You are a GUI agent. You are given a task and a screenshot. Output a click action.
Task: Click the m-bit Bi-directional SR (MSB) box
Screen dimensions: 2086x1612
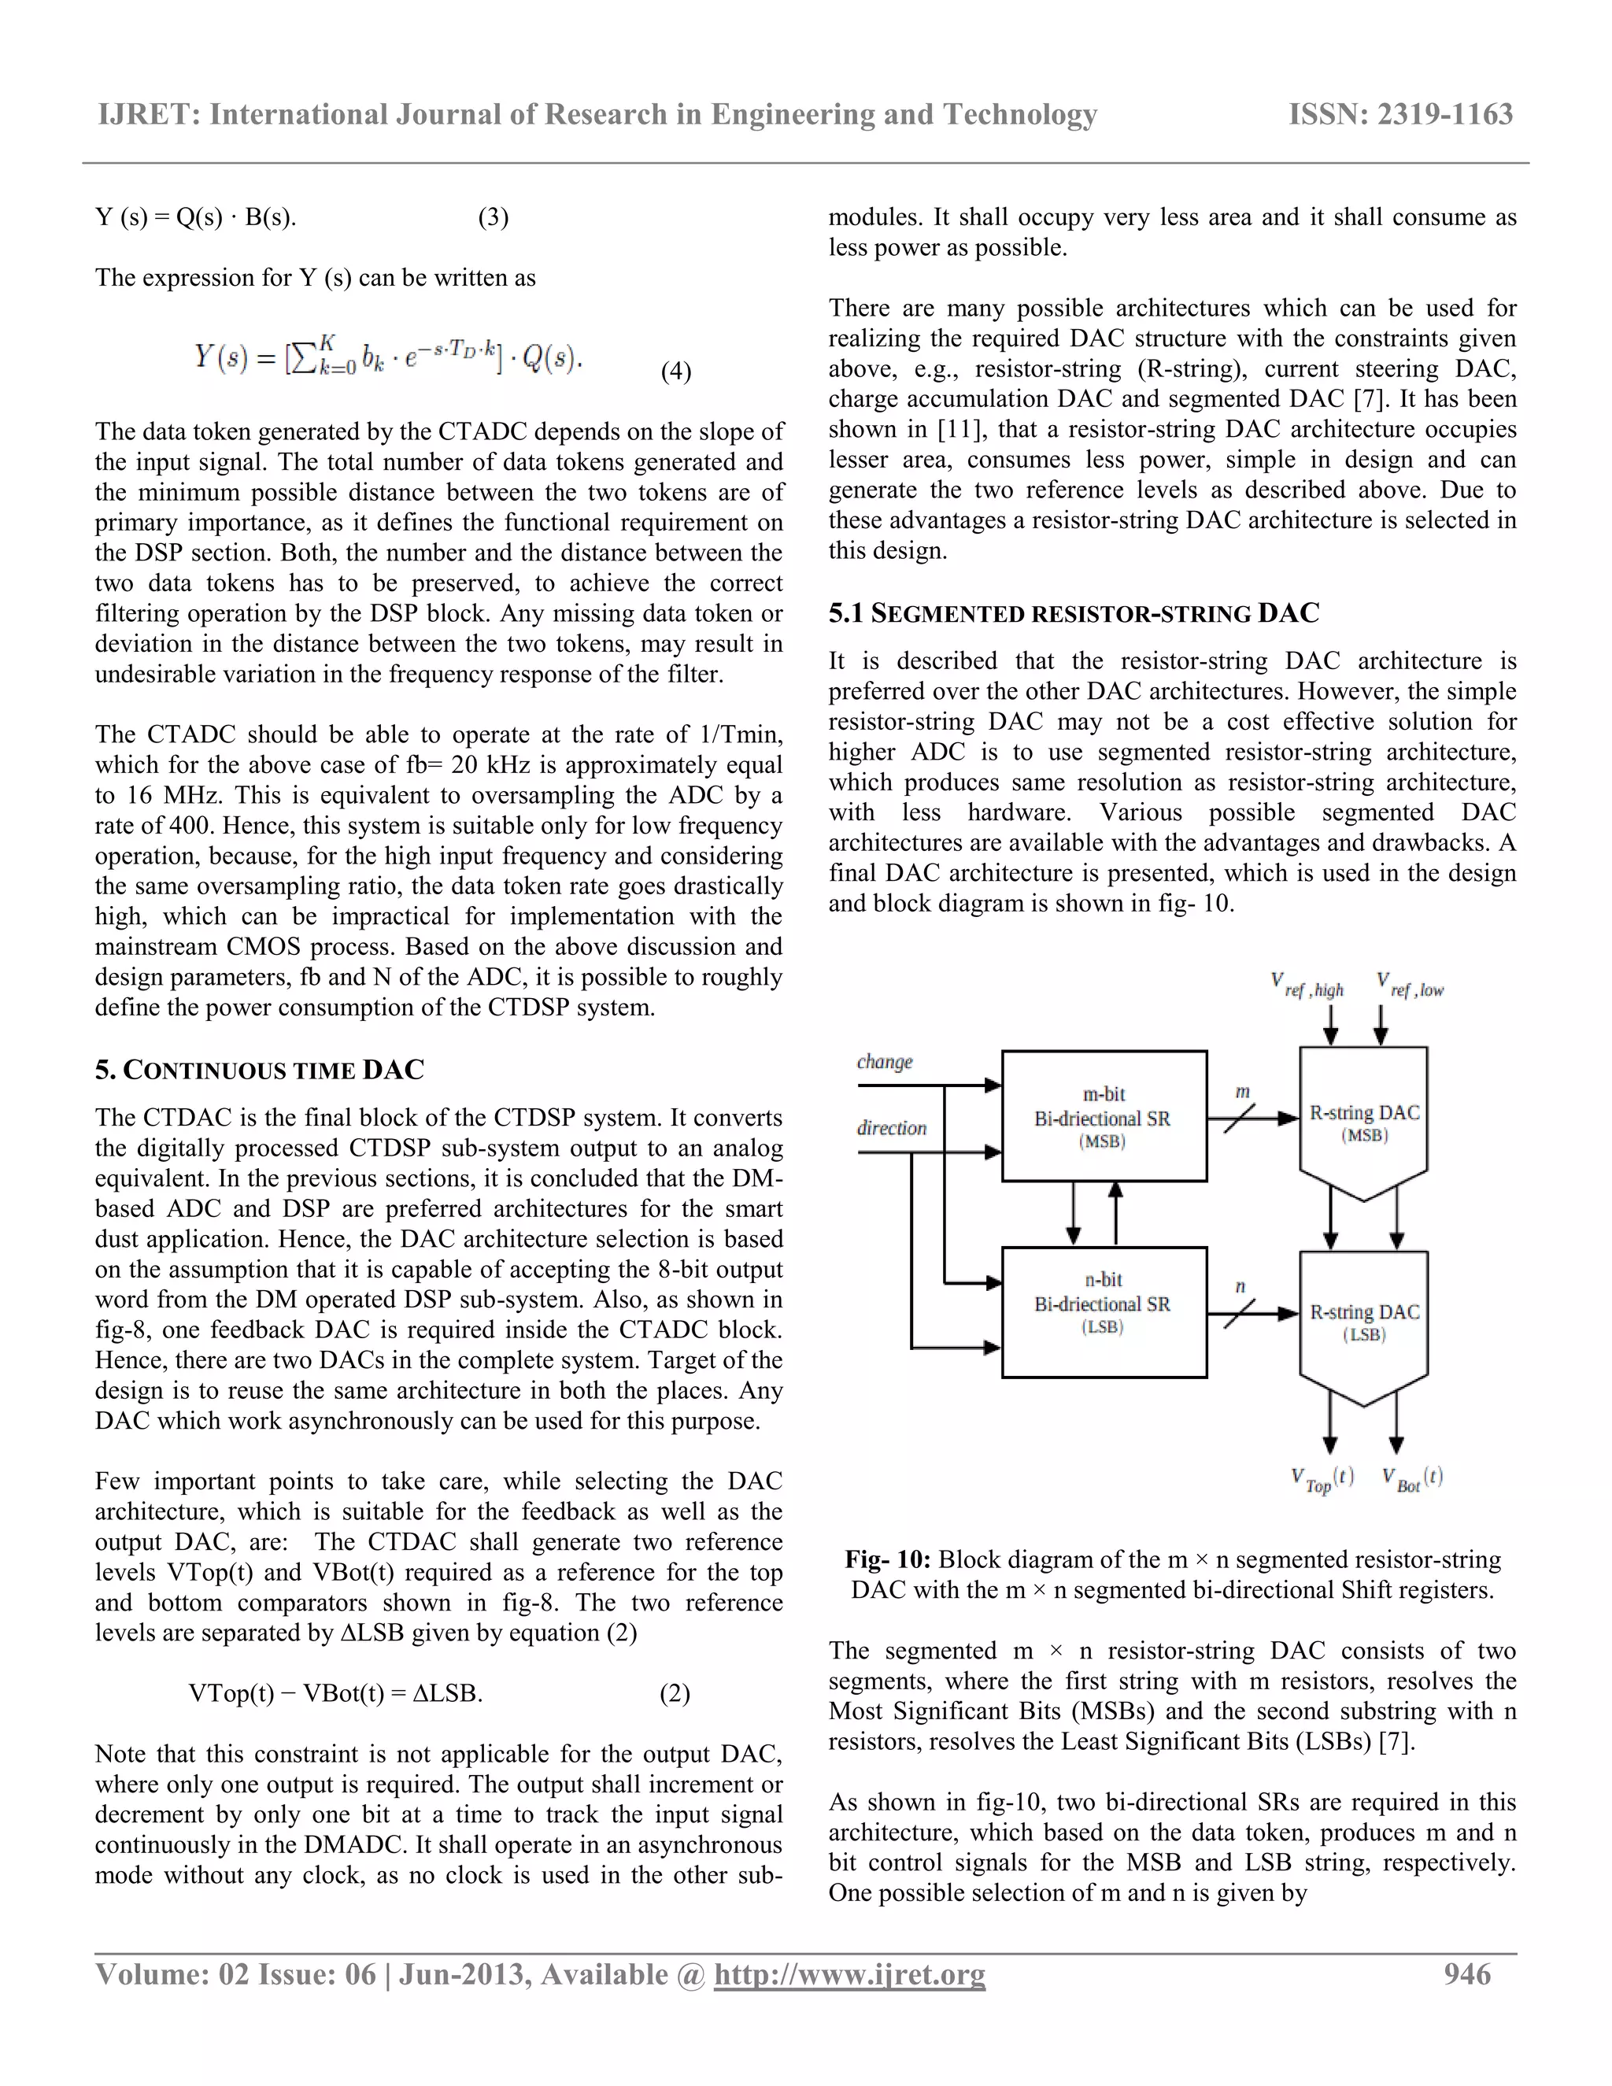[x=1103, y=1115]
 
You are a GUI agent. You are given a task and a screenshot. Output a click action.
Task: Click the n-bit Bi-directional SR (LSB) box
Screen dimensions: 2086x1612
[x=1103, y=1311]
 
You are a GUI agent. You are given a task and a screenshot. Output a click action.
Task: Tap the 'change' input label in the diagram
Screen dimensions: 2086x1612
[x=884, y=1062]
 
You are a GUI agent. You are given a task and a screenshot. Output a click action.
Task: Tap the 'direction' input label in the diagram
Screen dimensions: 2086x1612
[x=891, y=1128]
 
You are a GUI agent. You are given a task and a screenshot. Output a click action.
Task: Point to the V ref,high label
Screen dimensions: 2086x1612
[x=1307, y=986]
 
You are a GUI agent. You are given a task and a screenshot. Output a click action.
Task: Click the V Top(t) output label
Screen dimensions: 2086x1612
[x=1322, y=1480]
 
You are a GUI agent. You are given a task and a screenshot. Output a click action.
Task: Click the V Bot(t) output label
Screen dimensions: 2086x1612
[x=1412, y=1480]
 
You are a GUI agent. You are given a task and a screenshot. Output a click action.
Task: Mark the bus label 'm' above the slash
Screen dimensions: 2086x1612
[x=1242, y=1092]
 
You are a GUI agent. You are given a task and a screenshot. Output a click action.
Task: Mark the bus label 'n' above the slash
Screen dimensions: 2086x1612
[x=1240, y=1286]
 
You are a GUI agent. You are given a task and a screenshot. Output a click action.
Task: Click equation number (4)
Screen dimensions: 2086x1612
[x=676, y=372]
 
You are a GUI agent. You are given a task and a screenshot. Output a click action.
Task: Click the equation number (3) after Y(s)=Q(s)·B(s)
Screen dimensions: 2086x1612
[x=493, y=218]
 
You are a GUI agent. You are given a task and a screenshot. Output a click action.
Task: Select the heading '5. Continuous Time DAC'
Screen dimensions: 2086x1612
[x=259, y=1070]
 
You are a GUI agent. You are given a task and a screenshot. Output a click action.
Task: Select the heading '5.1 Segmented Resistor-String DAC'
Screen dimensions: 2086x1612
[x=1074, y=613]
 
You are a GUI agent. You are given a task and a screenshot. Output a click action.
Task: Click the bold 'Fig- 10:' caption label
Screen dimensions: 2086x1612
[x=887, y=1559]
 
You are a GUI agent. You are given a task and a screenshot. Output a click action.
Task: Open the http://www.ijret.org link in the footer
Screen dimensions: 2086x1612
[x=849, y=1974]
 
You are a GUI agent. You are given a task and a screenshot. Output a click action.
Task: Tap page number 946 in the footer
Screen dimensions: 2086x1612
[x=1467, y=1974]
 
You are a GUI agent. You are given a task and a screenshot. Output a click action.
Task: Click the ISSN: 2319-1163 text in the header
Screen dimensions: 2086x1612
[x=1400, y=115]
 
